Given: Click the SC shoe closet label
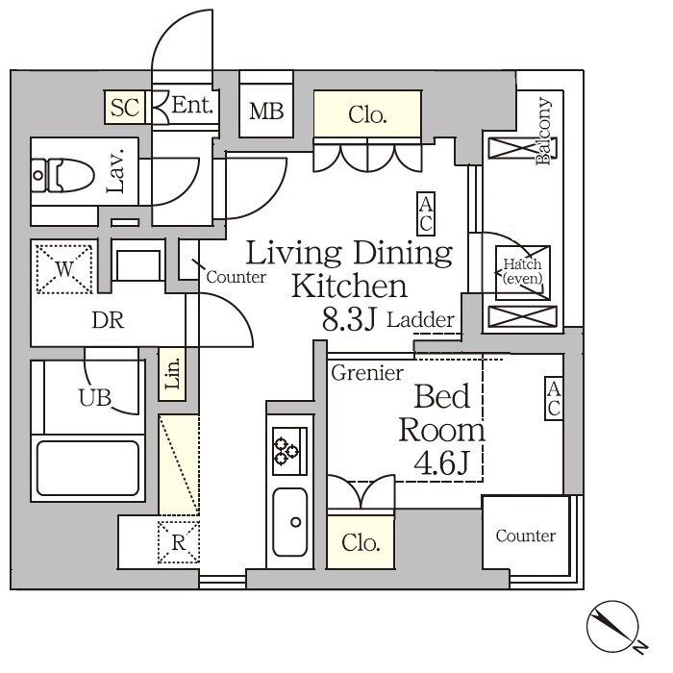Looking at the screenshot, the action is point(124,108).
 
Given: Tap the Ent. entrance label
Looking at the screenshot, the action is point(192,105).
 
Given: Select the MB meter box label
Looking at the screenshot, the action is point(266,112).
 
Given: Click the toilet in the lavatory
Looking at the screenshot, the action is point(63,175).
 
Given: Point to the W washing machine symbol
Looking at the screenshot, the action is point(64,269).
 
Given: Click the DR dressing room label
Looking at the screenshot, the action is point(108,320).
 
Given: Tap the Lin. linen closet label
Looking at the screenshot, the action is point(172,374).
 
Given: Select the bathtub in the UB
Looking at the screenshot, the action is point(88,468).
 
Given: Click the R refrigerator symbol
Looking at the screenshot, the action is point(179,542).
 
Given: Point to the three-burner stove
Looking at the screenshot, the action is point(290,451).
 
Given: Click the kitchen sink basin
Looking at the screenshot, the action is point(290,522).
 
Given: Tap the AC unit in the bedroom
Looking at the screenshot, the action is point(554,398).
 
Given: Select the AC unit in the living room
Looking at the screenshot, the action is point(426,213).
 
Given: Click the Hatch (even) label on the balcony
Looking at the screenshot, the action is point(522,271).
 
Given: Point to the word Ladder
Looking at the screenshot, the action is point(421,320).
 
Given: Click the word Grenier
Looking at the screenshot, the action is point(367,373).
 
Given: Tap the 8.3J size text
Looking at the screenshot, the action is point(349,319).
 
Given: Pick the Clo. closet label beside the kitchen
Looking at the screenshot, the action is point(361,542).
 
